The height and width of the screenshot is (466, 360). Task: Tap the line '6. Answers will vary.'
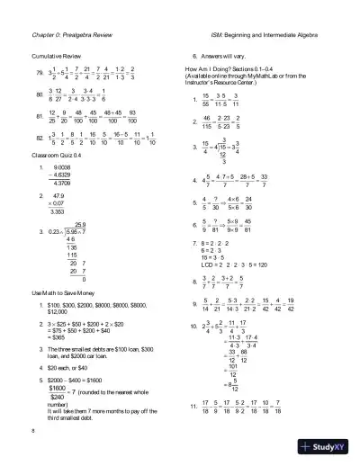220,53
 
